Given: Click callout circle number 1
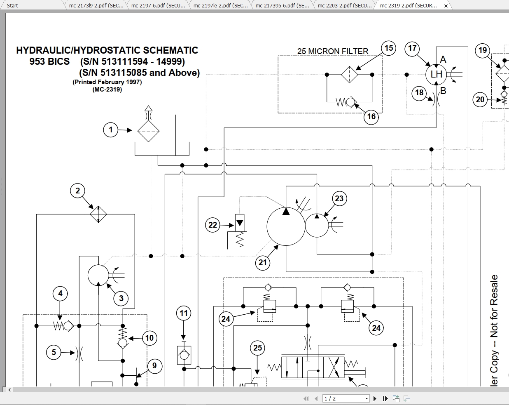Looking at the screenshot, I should pyautogui.click(x=110, y=130).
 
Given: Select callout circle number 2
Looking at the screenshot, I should pyautogui.click(x=77, y=191).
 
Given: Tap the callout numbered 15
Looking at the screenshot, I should pyautogui.click(x=388, y=48).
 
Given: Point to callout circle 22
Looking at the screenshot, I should pyautogui.click(x=212, y=225).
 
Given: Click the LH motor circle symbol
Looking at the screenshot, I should pyautogui.click(x=436, y=75).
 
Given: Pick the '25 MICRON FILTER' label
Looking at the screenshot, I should pyautogui.click(x=332, y=51).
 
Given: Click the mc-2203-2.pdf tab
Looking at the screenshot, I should pyautogui.click(x=344, y=5).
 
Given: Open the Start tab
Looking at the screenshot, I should pyautogui.click(x=13, y=5).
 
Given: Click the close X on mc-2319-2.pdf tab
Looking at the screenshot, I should pyautogui.click(x=446, y=6).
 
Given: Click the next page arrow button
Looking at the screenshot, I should pyautogui.click(x=375, y=398).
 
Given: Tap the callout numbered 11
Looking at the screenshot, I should pyautogui.click(x=184, y=313).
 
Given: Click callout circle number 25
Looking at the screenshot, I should pyautogui.click(x=257, y=348).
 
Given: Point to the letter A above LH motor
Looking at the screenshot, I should pyautogui.click(x=443, y=59).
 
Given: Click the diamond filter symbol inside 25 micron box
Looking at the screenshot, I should pyautogui.click(x=349, y=75).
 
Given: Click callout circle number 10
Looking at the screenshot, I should pyautogui.click(x=149, y=338).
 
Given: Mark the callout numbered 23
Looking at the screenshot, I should pyautogui.click(x=339, y=198).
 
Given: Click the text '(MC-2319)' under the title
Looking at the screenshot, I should pyautogui.click(x=107, y=89).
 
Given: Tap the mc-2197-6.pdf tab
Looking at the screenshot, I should pyautogui.click(x=158, y=5).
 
